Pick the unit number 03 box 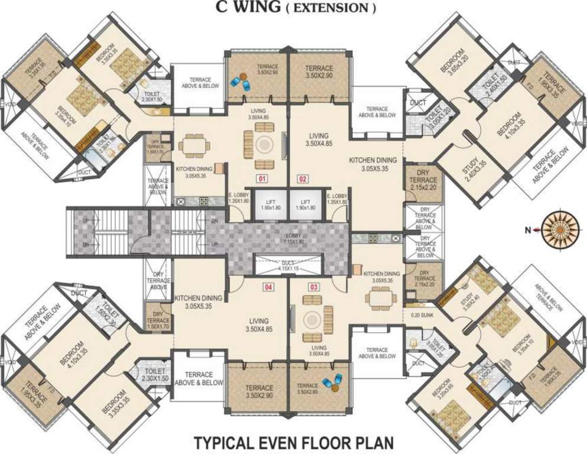314,287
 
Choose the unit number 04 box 269,287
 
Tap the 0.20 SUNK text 423,315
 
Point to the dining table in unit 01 192,145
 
